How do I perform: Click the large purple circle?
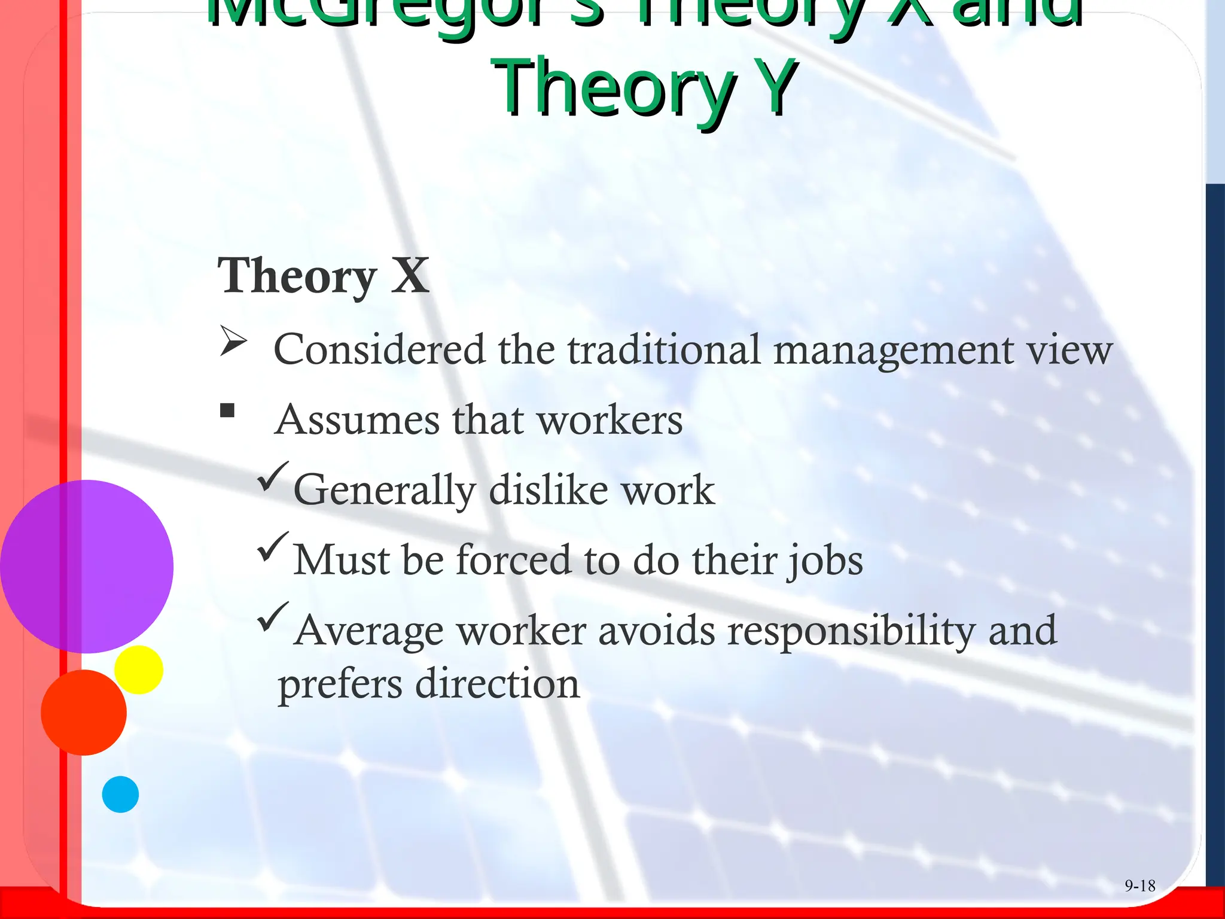click(x=87, y=566)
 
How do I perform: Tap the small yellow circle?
click(x=139, y=670)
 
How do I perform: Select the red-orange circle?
click(x=84, y=712)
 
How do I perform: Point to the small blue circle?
click(x=120, y=794)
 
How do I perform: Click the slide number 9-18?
click(x=1139, y=885)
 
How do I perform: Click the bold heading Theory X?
click(x=323, y=276)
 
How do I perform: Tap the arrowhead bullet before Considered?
click(x=233, y=342)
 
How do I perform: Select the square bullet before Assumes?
click(x=227, y=410)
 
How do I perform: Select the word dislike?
click(x=548, y=490)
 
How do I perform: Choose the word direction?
click(x=497, y=684)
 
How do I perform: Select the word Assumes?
click(x=357, y=420)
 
